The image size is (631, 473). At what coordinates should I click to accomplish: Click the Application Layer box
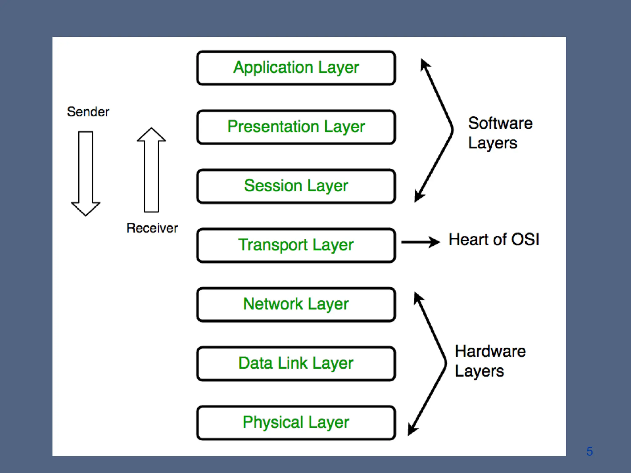tap(296, 68)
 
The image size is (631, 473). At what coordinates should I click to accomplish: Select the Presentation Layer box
tap(296, 127)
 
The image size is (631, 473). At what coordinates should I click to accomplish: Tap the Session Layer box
tap(296, 186)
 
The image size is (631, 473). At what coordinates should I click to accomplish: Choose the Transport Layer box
tap(296, 245)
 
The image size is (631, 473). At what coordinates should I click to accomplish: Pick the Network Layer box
tap(296, 304)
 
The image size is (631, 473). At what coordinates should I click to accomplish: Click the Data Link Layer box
tap(296, 363)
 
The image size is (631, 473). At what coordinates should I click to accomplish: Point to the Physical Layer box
tap(296, 422)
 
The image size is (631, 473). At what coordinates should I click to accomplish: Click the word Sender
tap(88, 112)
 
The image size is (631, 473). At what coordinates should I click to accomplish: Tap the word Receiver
tap(152, 228)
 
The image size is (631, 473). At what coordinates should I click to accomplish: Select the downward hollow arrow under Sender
tap(86, 172)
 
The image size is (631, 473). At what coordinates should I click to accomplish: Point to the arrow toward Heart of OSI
tap(421, 242)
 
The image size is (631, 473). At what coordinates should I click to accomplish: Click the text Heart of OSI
tap(494, 240)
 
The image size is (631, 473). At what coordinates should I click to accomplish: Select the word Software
tap(500, 123)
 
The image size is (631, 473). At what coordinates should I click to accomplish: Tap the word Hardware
tap(490, 351)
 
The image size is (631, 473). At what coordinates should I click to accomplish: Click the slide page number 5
tap(589, 451)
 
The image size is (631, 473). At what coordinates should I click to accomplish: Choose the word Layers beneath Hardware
tap(479, 371)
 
